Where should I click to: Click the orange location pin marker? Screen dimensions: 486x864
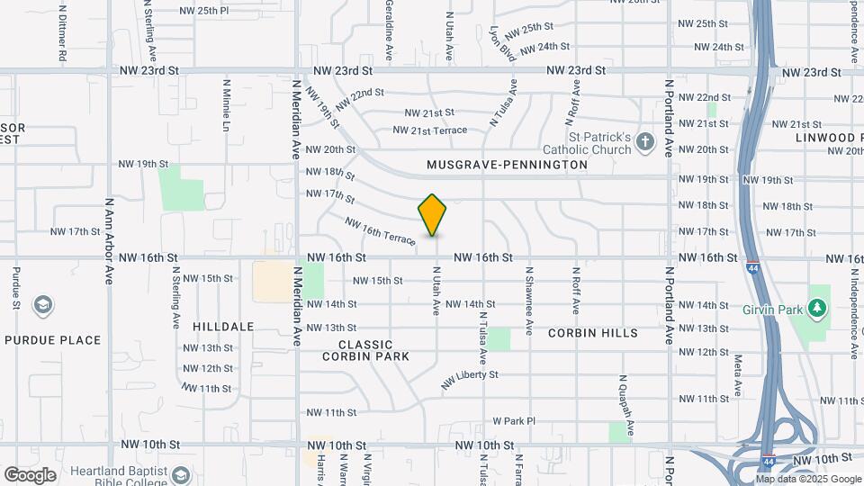[433, 215]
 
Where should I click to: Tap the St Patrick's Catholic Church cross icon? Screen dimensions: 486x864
[644, 141]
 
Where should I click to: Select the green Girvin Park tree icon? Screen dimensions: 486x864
[817, 309]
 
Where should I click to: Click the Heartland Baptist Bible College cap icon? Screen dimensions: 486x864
[181, 474]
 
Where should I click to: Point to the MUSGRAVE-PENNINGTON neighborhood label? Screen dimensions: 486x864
[508, 165]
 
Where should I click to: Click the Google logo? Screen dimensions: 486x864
[29, 475]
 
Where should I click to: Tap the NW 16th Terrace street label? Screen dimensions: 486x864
[380, 231]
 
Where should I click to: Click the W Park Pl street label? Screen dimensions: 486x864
[513, 420]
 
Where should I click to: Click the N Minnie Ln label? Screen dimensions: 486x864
[226, 104]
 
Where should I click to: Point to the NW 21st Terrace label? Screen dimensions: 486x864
[430, 130]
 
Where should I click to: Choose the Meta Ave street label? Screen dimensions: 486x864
[737, 375]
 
